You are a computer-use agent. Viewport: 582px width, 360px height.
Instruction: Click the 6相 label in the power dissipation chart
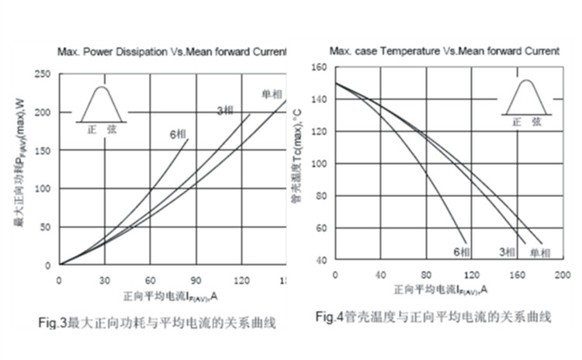click(x=177, y=133)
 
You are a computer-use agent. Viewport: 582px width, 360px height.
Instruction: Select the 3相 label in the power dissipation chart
click(x=225, y=111)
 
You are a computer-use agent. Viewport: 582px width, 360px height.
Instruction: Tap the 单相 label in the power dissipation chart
click(x=271, y=95)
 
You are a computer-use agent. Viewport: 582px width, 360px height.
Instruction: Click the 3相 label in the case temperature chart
click(x=508, y=252)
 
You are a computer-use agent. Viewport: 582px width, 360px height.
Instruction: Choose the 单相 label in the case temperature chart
click(x=541, y=252)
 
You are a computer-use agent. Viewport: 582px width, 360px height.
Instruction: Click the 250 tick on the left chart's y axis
click(x=45, y=74)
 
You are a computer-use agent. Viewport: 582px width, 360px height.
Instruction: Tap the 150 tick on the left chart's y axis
click(x=45, y=151)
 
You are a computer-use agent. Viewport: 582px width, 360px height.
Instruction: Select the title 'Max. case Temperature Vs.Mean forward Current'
click(x=444, y=51)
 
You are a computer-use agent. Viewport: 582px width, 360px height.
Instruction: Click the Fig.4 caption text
click(x=433, y=317)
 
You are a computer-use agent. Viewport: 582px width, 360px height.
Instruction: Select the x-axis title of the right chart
click(x=440, y=289)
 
